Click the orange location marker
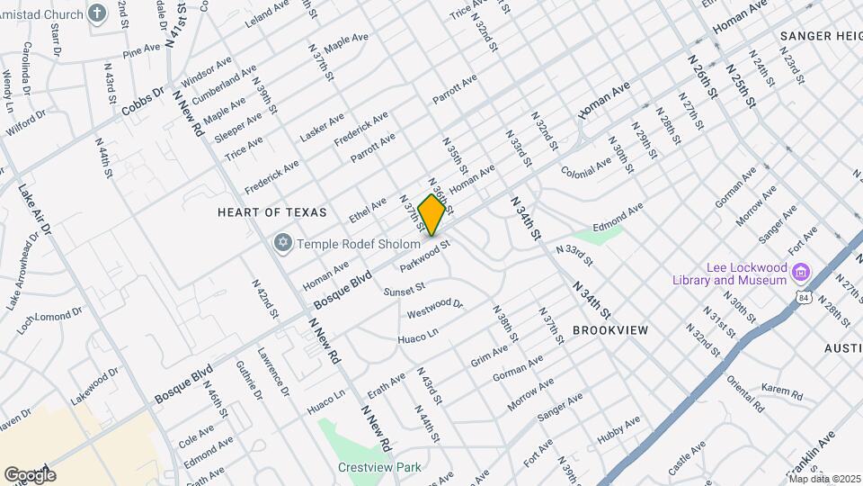432,215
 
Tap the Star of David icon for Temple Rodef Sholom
283,244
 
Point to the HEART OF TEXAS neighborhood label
267,212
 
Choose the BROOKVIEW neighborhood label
609,330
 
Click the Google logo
30,474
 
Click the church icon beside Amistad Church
98,13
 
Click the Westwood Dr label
434,309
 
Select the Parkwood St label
424,252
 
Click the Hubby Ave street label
618,428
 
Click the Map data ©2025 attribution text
823,478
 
